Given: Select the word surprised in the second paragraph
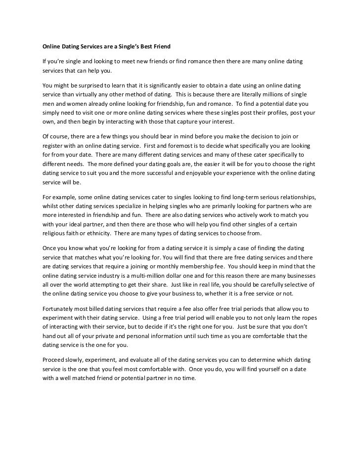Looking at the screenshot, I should pos(90,86).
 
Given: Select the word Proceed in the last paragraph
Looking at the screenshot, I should pos(53,360).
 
